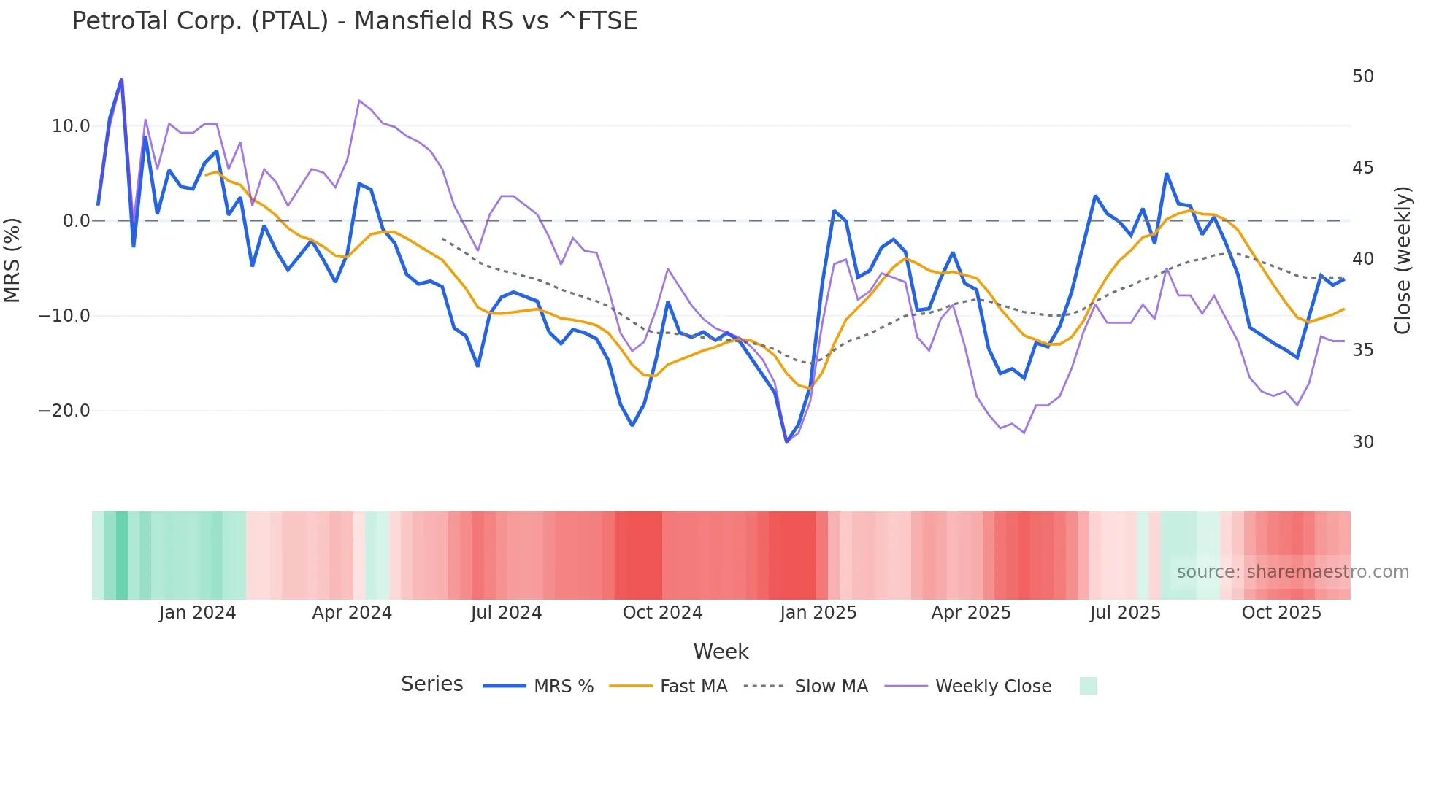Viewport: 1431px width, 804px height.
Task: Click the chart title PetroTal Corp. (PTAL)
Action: pos(354,20)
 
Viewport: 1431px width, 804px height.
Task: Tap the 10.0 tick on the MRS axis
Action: pos(71,126)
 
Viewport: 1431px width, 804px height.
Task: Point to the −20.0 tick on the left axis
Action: pos(64,411)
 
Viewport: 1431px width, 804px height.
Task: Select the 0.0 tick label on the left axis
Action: pos(77,221)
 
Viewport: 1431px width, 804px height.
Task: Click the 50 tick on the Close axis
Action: pos(1362,77)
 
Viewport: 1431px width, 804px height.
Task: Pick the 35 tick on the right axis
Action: pos(1362,350)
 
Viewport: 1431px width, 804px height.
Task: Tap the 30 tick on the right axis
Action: pos(1362,442)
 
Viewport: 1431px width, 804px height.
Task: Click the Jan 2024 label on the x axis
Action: pos(197,613)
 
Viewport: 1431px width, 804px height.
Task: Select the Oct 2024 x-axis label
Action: pos(662,613)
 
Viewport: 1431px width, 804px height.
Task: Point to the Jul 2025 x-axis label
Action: pos(1125,613)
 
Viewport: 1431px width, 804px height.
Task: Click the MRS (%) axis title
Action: pos(12,260)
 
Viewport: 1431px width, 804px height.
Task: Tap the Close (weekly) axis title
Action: pos(1403,260)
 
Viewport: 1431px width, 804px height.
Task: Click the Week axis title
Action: pos(721,652)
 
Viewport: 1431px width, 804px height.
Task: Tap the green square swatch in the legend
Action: pos(1088,686)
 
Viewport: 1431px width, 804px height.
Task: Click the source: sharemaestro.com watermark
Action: pos(1292,572)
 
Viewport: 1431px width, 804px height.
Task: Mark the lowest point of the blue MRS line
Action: pos(786,441)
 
